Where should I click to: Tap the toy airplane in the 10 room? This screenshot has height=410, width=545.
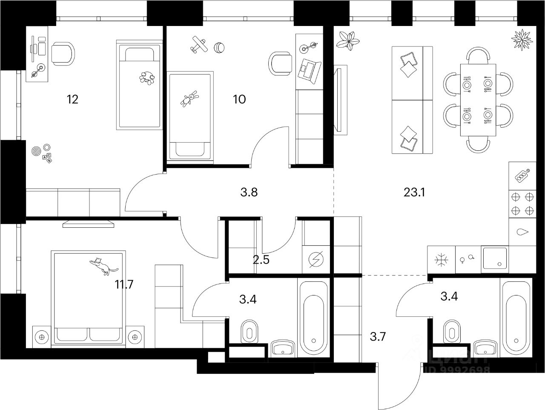tap(198, 45)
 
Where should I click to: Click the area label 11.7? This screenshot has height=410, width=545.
tap(124, 284)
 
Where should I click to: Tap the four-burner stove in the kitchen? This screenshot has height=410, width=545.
tap(522, 204)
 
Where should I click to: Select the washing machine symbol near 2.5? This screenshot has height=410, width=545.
tap(316, 259)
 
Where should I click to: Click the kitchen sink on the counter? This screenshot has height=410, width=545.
tap(494, 259)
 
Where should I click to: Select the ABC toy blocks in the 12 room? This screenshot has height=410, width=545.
tap(47, 158)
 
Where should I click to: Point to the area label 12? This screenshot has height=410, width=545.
tap(73, 100)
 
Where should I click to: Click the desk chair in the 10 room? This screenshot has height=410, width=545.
tap(279, 63)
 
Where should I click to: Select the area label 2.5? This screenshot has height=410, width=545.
tap(261, 259)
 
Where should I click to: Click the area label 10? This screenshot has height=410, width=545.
tap(239, 100)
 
